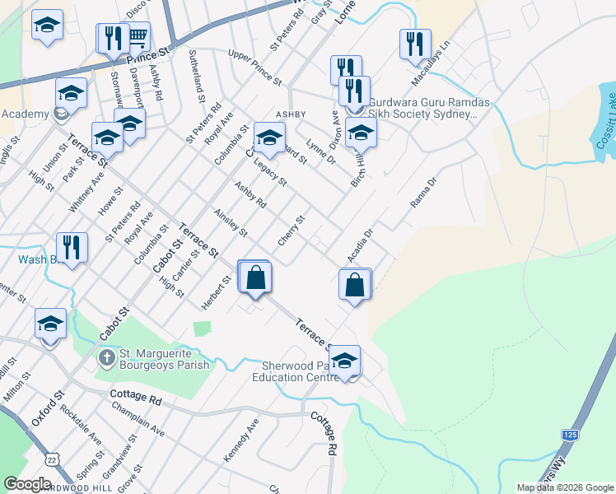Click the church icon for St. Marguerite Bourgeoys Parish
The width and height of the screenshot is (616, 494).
point(106,358)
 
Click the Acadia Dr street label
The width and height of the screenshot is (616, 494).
point(360,246)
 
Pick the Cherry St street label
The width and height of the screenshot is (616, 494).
point(292,231)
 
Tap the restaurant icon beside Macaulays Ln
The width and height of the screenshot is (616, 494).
point(415,43)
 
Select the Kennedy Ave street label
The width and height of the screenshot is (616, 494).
point(241,438)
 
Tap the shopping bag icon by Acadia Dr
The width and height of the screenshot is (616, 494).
point(355,285)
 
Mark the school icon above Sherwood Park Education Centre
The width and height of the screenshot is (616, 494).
point(345,361)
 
